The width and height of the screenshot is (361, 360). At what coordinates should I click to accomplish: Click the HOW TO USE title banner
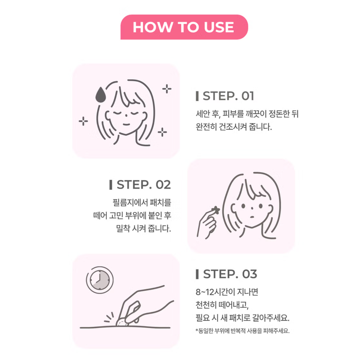184,27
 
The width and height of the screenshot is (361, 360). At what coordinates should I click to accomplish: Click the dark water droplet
101,94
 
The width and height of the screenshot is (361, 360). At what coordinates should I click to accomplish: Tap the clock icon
100,280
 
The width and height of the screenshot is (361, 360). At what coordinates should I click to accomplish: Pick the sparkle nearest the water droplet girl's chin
162,132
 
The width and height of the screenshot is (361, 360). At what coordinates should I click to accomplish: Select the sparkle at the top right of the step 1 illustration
167,89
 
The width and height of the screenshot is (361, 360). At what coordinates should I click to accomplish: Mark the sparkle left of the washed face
83,121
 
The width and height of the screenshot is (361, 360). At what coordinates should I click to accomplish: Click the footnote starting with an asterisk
243,331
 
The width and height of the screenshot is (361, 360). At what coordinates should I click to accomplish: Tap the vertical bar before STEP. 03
197,274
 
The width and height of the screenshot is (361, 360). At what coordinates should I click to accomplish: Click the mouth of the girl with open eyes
252,217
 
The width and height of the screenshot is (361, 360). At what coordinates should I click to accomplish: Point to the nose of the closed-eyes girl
126,115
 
